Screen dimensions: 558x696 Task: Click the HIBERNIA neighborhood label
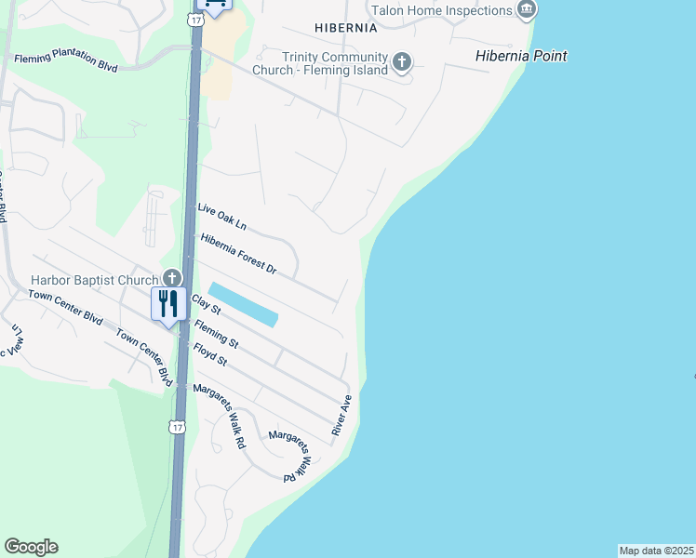tap(346, 28)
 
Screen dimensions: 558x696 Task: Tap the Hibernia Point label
tap(520, 56)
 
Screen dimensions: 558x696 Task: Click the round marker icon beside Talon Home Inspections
tap(528, 10)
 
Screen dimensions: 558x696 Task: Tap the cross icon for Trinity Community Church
tap(402, 63)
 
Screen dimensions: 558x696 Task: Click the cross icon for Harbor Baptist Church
tap(171, 277)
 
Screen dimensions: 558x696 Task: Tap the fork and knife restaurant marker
tap(168, 304)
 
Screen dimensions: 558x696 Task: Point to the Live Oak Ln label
tap(221, 218)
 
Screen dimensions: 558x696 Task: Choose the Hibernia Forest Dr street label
tap(239, 253)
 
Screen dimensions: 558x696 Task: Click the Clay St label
tap(205, 303)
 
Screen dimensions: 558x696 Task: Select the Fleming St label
tap(216, 334)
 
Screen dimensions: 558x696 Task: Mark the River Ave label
tap(341, 416)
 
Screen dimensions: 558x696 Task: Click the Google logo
tap(31, 547)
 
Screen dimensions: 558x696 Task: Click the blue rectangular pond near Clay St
tap(242, 304)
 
